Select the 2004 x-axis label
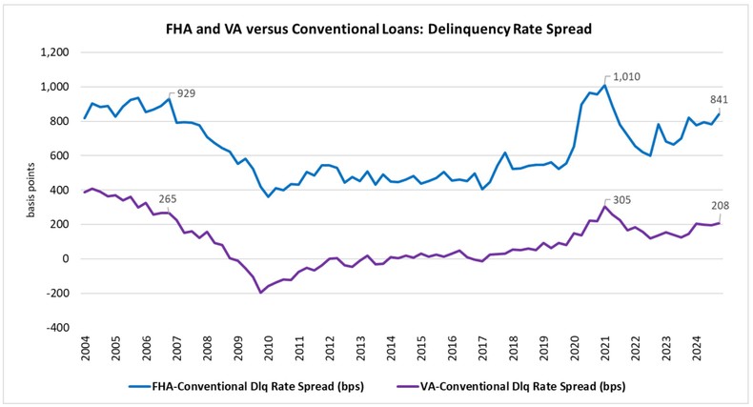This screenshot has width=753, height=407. [86, 350]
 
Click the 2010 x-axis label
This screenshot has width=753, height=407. [270, 350]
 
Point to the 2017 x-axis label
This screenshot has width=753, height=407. [484, 350]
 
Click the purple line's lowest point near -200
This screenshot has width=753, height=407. [260, 293]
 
